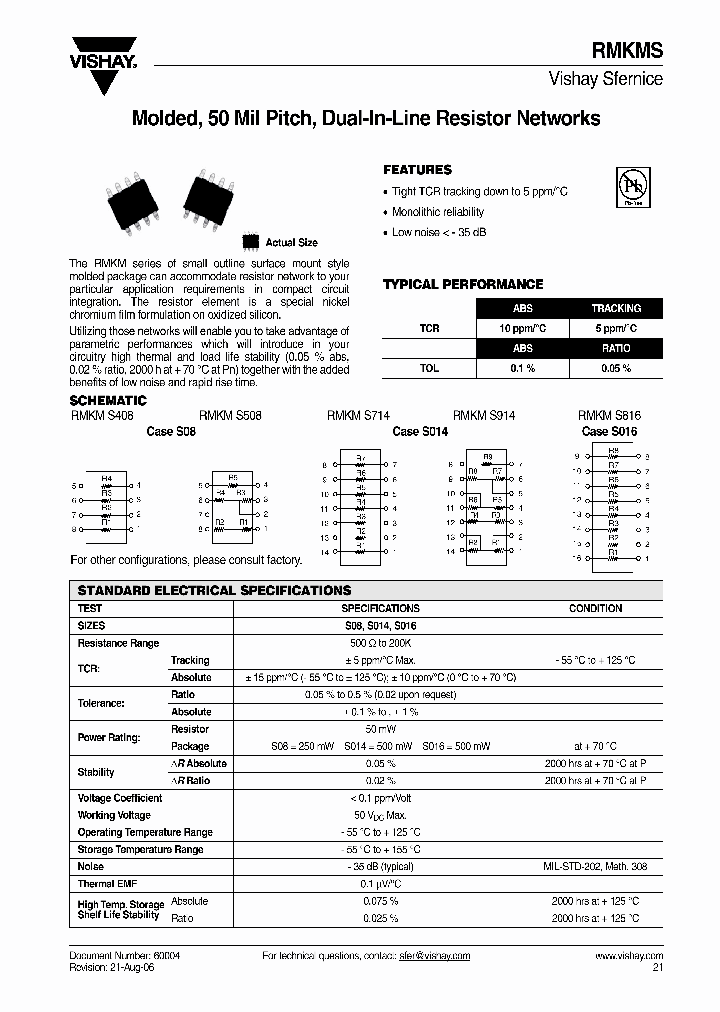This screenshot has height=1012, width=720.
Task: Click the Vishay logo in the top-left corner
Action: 102,69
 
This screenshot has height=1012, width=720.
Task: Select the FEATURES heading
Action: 417,170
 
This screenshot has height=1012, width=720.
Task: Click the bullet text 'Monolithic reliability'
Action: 438,212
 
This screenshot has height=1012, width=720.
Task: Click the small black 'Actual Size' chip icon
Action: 251,241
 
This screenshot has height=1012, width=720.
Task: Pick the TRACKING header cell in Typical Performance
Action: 615,309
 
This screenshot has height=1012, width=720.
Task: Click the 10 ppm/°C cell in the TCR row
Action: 523,328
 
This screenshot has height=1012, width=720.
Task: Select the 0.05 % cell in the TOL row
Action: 615,368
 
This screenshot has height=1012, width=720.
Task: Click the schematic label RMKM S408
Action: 102,415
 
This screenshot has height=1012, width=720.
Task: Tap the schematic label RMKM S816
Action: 609,415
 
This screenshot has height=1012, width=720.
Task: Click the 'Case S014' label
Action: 420,431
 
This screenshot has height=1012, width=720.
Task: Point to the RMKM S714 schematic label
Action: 358,415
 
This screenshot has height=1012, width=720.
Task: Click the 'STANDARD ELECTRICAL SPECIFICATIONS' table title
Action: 214,591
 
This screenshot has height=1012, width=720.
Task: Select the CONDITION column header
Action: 595,608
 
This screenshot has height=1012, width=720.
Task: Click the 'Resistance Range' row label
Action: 118,643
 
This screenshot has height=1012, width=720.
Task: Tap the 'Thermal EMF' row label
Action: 107,884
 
